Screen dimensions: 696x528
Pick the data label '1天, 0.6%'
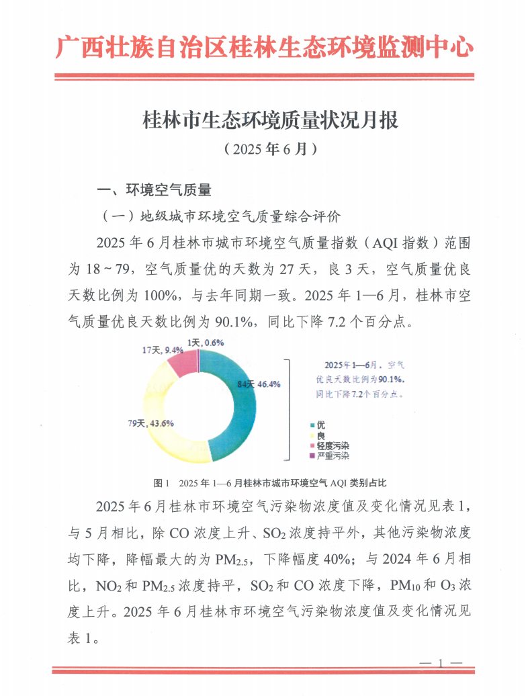[206, 343]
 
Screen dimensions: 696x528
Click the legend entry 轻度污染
[332, 445]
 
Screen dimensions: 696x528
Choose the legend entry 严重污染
[332, 455]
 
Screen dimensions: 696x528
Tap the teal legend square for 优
[312, 426]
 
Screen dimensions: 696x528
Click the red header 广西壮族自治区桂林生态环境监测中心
[264, 47]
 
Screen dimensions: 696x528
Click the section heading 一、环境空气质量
[155, 190]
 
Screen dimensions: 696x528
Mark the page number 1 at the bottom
[441, 664]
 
